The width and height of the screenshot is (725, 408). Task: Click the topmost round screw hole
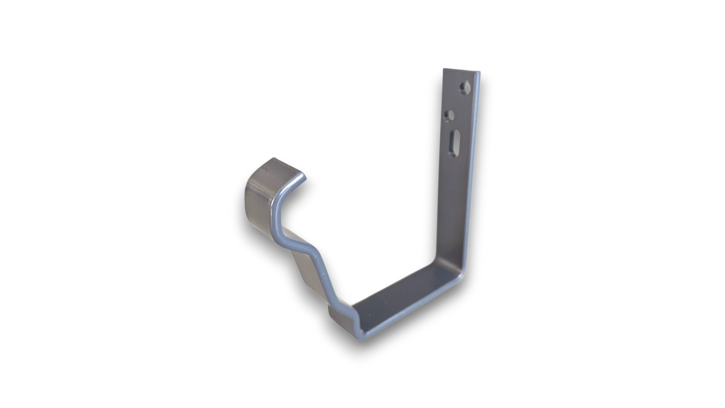(465, 88)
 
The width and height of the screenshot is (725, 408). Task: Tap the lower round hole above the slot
(449, 116)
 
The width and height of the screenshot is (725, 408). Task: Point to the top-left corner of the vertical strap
(444, 69)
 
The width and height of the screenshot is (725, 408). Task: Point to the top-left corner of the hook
(273, 159)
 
